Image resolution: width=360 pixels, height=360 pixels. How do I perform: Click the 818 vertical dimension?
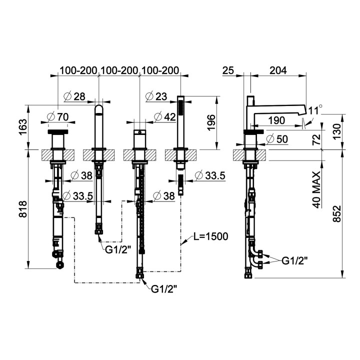point(23,209)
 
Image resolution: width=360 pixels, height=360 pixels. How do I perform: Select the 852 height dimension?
point(337,213)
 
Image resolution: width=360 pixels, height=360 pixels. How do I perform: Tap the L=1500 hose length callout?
point(211,236)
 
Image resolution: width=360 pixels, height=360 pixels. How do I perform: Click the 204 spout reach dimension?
point(278,70)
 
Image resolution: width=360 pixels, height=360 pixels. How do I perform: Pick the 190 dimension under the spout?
point(276,120)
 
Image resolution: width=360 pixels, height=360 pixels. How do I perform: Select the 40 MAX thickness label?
point(317,189)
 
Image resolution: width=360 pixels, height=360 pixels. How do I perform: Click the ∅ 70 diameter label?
point(58,117)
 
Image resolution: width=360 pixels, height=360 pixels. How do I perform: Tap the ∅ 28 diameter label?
point(74,96)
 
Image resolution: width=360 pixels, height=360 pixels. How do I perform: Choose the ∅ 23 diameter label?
point(156,96)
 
